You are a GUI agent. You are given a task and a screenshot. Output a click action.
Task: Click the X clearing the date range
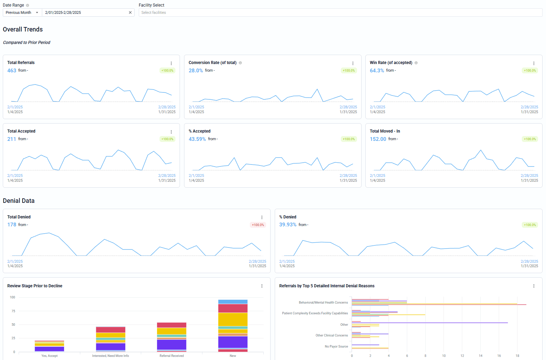130,12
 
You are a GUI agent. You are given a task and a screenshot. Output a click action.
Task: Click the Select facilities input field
340,12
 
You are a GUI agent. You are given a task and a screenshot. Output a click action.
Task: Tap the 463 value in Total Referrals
12,71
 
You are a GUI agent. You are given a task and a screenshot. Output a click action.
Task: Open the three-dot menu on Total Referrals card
171,63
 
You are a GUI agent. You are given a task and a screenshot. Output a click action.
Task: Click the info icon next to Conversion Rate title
240,63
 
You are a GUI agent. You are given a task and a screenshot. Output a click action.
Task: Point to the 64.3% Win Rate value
377,71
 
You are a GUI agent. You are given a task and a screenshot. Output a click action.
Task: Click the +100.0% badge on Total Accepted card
167,139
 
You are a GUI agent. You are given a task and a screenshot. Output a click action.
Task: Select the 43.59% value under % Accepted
197,139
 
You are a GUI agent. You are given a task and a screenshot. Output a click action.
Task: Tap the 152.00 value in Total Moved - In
378,139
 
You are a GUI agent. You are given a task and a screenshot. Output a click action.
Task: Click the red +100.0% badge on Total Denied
258,225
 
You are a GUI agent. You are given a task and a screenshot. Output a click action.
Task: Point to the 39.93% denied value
288,225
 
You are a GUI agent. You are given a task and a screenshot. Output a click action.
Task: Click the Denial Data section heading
19,201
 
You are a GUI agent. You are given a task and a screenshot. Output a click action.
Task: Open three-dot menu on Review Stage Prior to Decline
262,286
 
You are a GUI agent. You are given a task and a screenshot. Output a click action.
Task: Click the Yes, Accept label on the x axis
49,356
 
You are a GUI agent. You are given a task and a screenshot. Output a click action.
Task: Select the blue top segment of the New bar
233,302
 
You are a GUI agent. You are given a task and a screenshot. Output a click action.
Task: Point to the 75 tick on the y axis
13,311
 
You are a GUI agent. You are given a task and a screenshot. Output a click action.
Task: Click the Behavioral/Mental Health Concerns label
323,303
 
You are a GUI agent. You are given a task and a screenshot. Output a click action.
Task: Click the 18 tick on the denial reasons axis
517,356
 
